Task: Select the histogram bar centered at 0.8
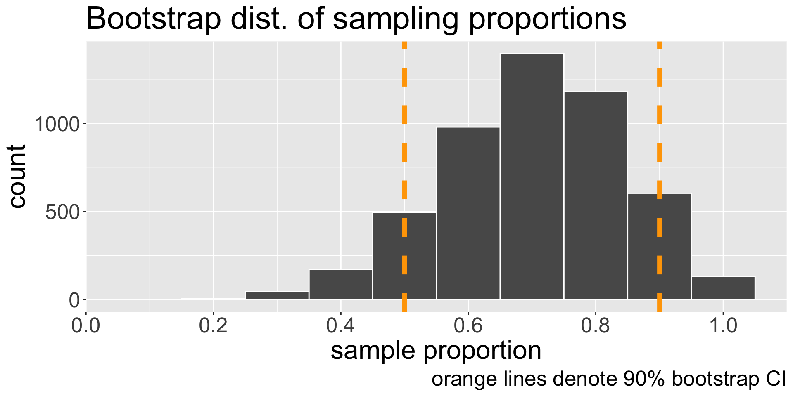pos(595,196)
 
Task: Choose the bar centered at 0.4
pos(341,285)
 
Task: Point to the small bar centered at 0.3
pos(277,295)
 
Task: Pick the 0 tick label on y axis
pos(74,300)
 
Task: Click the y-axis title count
pos(17,177)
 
